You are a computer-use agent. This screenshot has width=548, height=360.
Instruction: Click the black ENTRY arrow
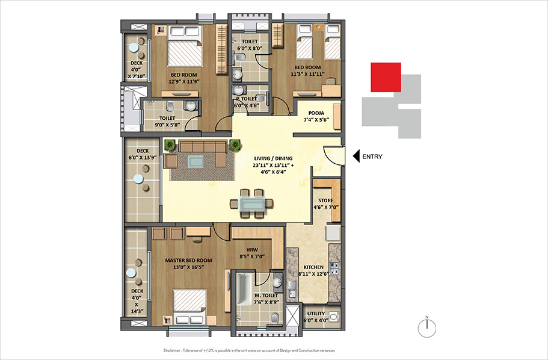click(x=356, y=156)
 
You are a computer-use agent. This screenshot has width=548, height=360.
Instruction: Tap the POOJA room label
click(x=316, y=113)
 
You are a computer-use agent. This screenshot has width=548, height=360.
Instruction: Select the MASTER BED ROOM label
click(x=188, y=260)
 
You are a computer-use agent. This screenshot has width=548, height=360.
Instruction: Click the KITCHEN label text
click(x=313, y=267)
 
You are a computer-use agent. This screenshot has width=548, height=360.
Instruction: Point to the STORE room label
click(x=325, y=200)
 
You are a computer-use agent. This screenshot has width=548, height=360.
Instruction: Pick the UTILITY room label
click(x=316, y=314)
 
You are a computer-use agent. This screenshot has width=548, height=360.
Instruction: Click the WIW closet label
click(x=252, y=250)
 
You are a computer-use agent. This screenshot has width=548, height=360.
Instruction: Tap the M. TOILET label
click(x=266, y=296)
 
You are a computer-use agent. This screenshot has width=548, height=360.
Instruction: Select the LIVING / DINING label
click(x=273, y=158)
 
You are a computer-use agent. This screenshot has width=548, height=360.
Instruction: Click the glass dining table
click(x=251, y=203)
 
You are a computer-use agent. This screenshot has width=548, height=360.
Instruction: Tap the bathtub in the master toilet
click(x=245, y=289)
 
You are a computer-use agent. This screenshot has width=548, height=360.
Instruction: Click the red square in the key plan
click(x=386, y=77)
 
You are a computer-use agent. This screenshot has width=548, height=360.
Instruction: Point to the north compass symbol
click(x=426, y=327)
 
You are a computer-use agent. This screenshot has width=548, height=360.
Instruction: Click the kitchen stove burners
click(x=334, y=268)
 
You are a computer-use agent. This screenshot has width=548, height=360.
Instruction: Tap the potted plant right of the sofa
click(x=235, y=145)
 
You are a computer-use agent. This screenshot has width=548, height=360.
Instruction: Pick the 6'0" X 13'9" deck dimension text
click(x=143, y=158)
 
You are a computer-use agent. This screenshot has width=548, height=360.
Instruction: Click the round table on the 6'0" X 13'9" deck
click(x=138, y=179)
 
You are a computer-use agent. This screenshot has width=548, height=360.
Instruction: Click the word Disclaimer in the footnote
click(x=172, y=350)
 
